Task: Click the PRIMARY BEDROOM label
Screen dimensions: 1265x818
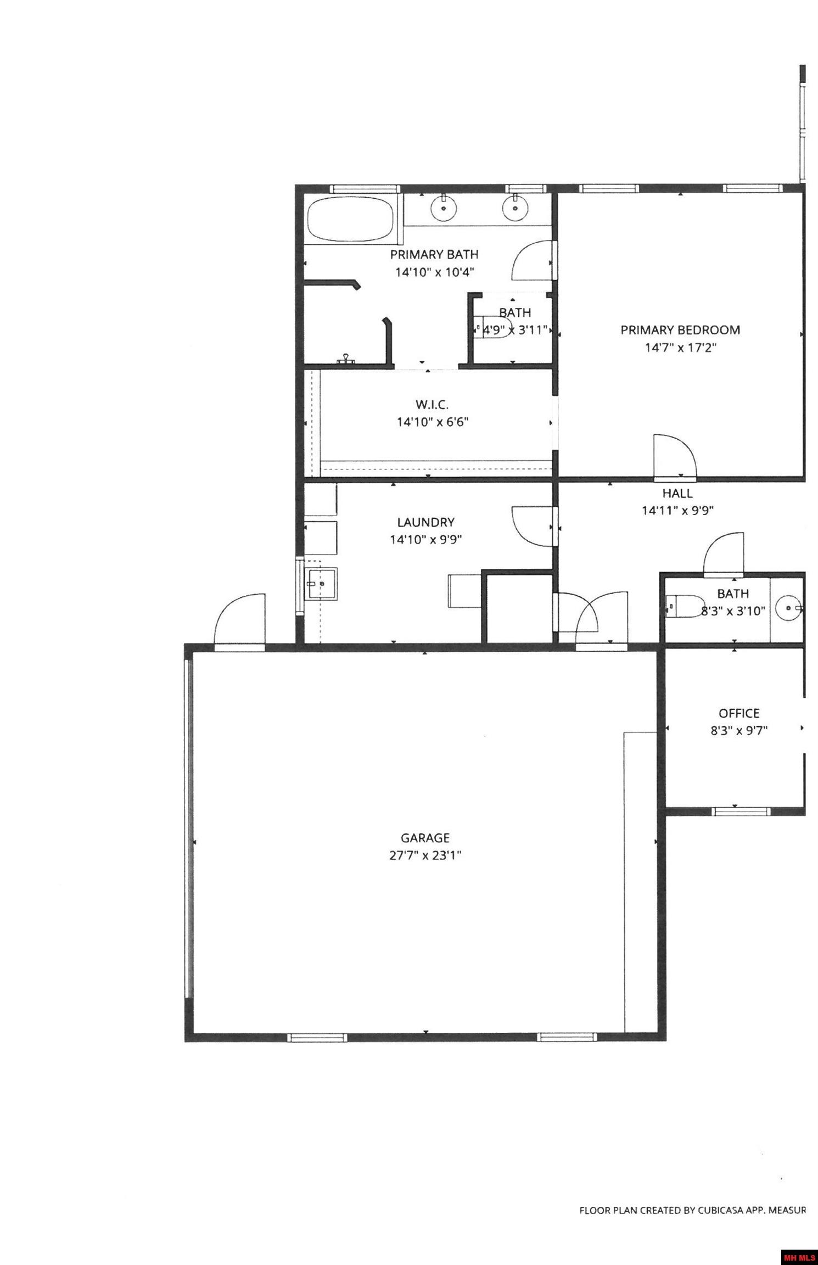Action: (x=680, y=330)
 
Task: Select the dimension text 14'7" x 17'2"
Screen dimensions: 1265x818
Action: (x=681, y=348)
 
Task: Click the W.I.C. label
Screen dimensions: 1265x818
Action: (x=432, y=405)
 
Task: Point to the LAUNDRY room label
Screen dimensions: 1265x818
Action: (x=425, y=522)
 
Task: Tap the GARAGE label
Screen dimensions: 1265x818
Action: (x=425, y=838)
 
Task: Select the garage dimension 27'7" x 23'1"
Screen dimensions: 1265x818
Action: (x=425, y=855)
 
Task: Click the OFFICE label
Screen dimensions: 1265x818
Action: (x=739, y=713)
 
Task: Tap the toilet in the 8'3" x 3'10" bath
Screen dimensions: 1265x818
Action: (x=684, y=607)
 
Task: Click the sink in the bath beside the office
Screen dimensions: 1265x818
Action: (x=789, y=608)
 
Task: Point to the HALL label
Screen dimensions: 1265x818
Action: (x=677, y=493)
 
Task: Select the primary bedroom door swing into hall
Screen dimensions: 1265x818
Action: (x=675, y=456)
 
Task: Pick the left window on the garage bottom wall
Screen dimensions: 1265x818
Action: (x=317, y=1037)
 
